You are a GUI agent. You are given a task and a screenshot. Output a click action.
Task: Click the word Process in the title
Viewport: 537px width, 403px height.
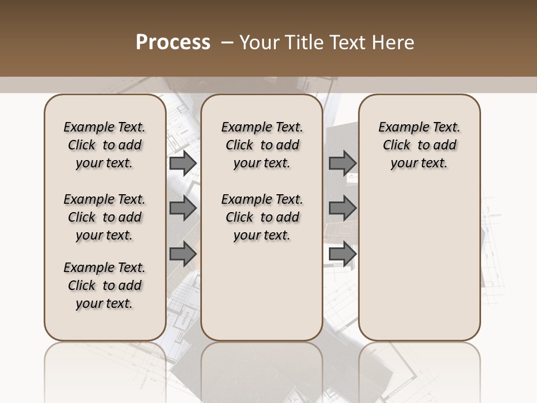tap(173, 43)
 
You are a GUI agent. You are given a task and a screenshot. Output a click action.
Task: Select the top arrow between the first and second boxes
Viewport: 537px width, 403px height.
tap(182, 163)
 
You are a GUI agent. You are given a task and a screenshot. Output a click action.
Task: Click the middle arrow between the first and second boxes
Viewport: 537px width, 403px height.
tap(182, 208)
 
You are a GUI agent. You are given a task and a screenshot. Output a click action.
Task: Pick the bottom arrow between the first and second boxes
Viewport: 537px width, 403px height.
tap(182, 254)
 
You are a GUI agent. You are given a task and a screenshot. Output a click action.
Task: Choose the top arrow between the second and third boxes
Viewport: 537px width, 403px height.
tap(342, 163)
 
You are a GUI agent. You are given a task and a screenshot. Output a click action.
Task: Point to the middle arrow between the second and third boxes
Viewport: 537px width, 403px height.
tap(342, 208)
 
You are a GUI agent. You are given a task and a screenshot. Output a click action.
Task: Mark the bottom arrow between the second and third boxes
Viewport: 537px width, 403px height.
tap(342, 254)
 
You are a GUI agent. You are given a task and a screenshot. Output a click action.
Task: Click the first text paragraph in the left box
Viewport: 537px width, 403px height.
tap(105, 145)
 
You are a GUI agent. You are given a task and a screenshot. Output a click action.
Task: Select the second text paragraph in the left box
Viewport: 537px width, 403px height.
tap(105, 217)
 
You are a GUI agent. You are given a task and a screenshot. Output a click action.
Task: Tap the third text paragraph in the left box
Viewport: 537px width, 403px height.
tap(105, 285)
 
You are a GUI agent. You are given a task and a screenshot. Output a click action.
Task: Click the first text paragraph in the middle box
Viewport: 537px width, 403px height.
tap(262, 145)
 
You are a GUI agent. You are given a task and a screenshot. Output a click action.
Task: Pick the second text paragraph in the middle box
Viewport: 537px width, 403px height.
tap(262, 217)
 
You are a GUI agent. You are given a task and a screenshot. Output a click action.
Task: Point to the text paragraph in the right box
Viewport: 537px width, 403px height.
tap(419, 145)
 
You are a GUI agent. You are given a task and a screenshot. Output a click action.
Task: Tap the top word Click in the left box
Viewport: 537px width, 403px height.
tap(82, 146)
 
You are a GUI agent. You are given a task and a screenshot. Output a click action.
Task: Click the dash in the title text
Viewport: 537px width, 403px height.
tap(228, 43)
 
